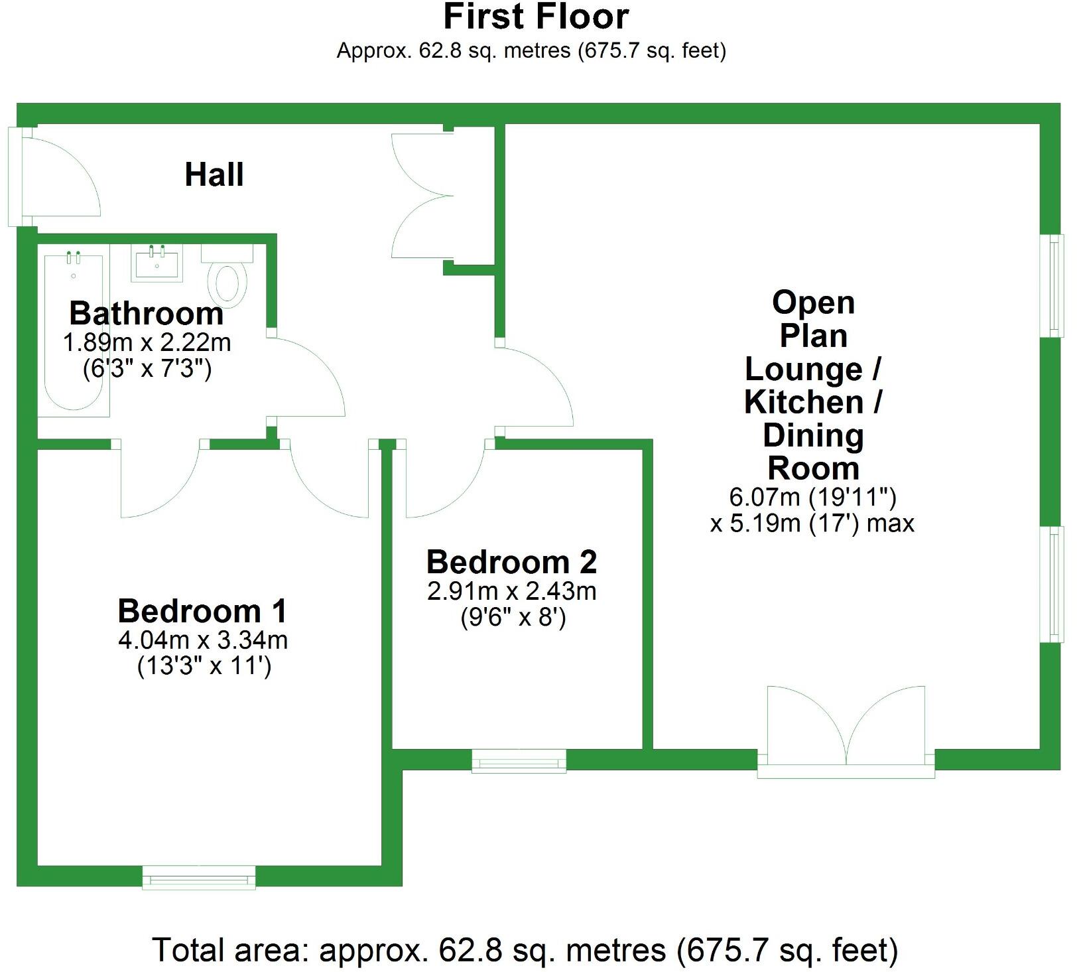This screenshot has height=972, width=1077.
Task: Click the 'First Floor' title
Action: tap(536, 17)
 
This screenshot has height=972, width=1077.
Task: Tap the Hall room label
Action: tap(214, 174)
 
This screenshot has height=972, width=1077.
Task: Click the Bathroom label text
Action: tap(146, 313)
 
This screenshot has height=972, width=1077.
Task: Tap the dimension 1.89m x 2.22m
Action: tap(147, 343)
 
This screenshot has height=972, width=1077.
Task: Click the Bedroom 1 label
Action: tap(202, 611)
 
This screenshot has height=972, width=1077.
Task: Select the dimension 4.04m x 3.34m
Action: tap(202, 640)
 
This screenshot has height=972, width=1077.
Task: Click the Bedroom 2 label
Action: tap(511, 562)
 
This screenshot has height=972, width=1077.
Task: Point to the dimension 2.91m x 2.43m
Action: tap(511, 590)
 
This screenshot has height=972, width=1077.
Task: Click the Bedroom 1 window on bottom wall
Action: tap(199, 877)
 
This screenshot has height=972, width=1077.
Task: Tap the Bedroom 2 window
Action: tap(519, 761)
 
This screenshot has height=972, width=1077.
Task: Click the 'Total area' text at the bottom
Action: tap(525, 949)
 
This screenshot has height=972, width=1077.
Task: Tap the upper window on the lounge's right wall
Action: tap(1054, 285)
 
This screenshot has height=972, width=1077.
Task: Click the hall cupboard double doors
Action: tap(424, 196)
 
